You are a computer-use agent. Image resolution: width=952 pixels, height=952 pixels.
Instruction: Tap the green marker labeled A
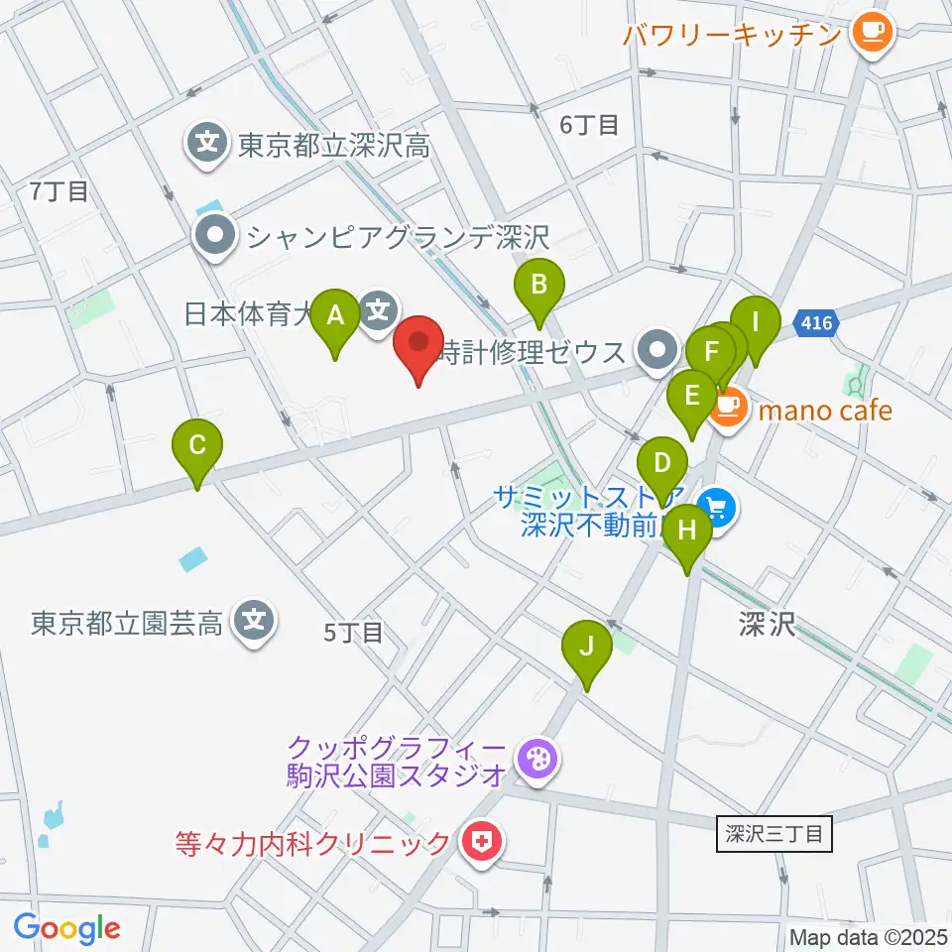[x=335, y=317]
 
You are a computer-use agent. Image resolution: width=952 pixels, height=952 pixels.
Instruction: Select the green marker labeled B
[x=538, y=288]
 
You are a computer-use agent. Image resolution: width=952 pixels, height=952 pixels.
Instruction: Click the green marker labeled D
[x=661, y=465]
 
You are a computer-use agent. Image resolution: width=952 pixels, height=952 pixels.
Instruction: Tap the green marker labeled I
[x=757, y=324]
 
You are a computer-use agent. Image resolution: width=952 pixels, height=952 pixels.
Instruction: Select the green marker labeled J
[x=586, y=650]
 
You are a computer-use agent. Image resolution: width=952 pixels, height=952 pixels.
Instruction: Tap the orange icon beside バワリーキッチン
[x=873, y=34]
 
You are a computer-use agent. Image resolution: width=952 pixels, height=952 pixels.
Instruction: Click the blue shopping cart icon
[x=717, y=508]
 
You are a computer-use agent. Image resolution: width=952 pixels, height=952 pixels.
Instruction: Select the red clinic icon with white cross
[x=481, y=844]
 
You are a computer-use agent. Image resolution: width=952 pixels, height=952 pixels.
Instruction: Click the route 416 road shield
[x=813, y=322]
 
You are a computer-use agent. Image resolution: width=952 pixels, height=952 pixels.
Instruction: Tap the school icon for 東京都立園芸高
[x=256, y=622]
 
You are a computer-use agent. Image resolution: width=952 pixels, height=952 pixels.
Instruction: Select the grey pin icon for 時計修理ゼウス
[x=656, y=350]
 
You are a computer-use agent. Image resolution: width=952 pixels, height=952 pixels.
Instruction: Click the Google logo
[x=67, y=928]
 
